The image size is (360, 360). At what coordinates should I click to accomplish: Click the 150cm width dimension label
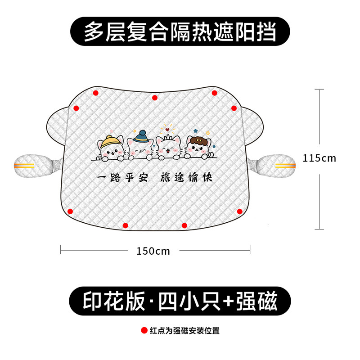[153, 251]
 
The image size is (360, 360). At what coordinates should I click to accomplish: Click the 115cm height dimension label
[319, 158]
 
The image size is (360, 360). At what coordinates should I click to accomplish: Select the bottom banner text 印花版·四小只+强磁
[180, 299]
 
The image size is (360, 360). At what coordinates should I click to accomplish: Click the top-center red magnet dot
[154, 97]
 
